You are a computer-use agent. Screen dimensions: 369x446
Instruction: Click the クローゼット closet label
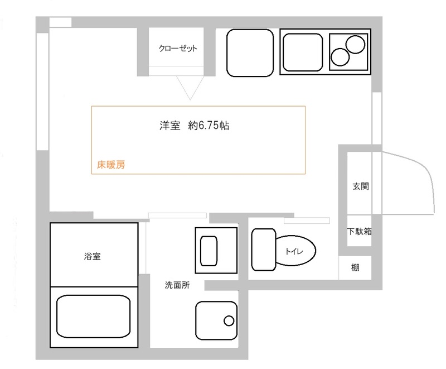pos(178,49)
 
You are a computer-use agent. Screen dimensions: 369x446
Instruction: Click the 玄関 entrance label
pos(360,186)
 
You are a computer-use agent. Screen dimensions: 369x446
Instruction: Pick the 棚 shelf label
pos(355,267)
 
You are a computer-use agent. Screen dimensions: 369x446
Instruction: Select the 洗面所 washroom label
pos(177,285)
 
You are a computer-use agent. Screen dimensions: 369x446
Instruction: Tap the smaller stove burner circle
pos(340,56)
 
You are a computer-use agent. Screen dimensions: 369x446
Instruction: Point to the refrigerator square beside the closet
pos(250,52)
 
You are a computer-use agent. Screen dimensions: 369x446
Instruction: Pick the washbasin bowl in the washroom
pos(209,250)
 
